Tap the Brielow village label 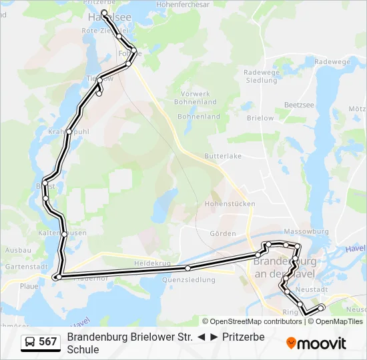click(260, 118)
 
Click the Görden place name click(223, 233)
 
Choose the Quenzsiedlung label click(194, 280)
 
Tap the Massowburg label click(311, 231)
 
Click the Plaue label click(29, 285)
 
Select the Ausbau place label click(18, 250)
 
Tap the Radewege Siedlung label click(260, 76)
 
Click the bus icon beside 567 click(30, 342)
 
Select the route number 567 click(48, 342)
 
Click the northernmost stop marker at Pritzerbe click(104, 13)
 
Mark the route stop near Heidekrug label click(188, 268)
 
